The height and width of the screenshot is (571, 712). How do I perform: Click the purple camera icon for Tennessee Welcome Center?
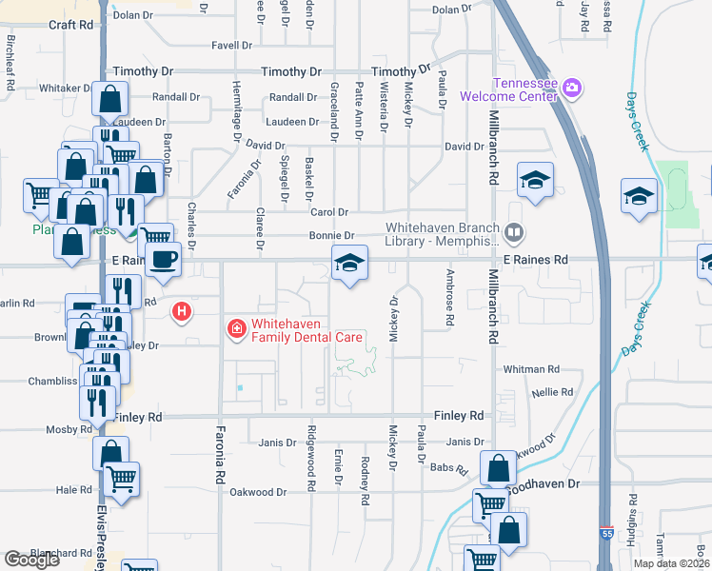pos(572,89)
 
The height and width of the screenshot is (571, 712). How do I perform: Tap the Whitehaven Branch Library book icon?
pos(514,232)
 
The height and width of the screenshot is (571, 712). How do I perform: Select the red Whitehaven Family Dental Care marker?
pos(234,329)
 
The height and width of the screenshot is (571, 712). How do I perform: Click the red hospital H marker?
pos(181,311)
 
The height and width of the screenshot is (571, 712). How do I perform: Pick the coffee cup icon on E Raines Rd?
pos(163,259)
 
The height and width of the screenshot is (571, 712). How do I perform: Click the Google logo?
pos(31,560)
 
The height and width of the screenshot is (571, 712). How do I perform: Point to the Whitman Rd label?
pos(532,369)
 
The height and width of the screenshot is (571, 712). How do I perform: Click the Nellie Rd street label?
pos(553,392)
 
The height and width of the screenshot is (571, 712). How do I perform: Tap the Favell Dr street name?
pos(232,45)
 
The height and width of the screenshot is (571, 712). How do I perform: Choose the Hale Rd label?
pos(72,490)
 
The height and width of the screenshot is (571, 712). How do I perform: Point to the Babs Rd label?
pos(450,469)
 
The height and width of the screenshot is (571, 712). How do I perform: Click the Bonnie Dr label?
pos(331,236)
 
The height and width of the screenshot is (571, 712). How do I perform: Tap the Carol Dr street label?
pos(329,212)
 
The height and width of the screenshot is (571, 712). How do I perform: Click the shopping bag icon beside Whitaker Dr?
pos(110,98)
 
